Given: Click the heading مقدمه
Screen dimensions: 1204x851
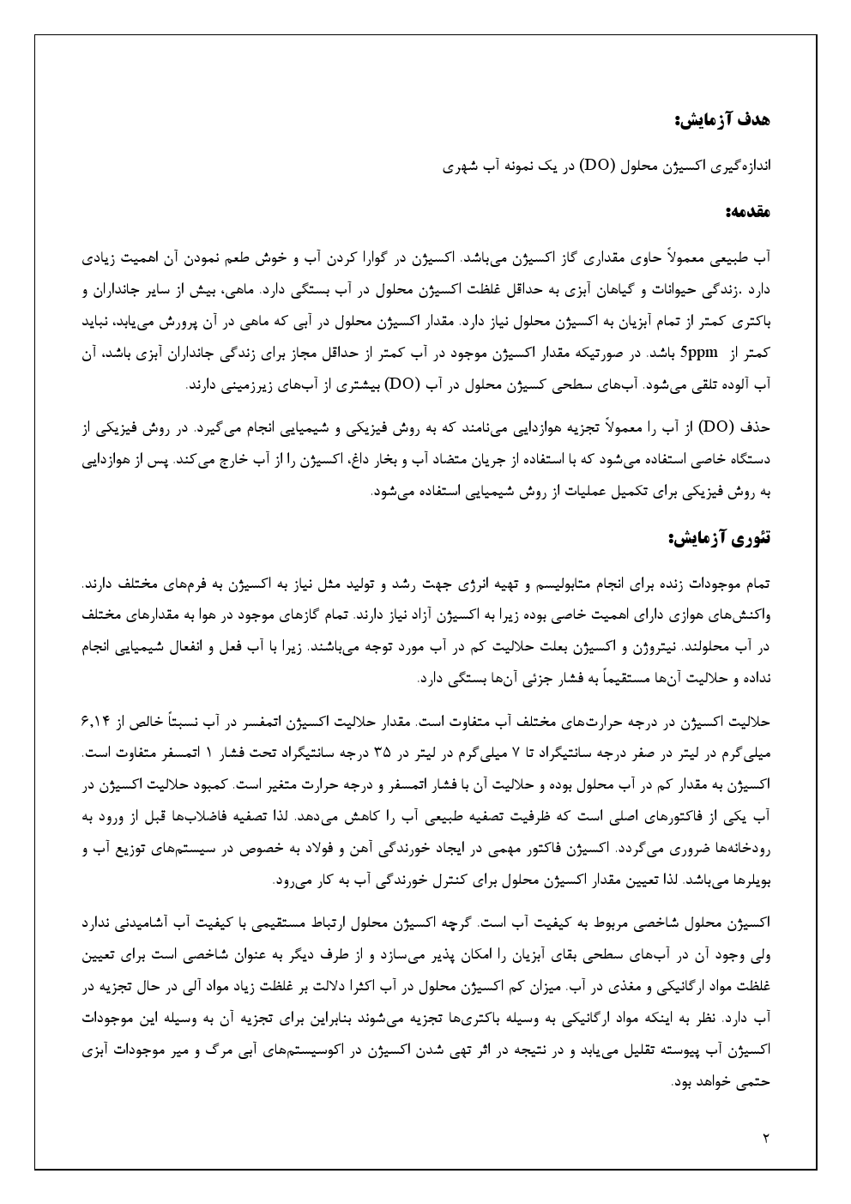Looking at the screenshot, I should [749, 210].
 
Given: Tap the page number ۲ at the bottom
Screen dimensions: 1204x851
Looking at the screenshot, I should [766, 1139].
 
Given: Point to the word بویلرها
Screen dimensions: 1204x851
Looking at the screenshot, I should [751, 880].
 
